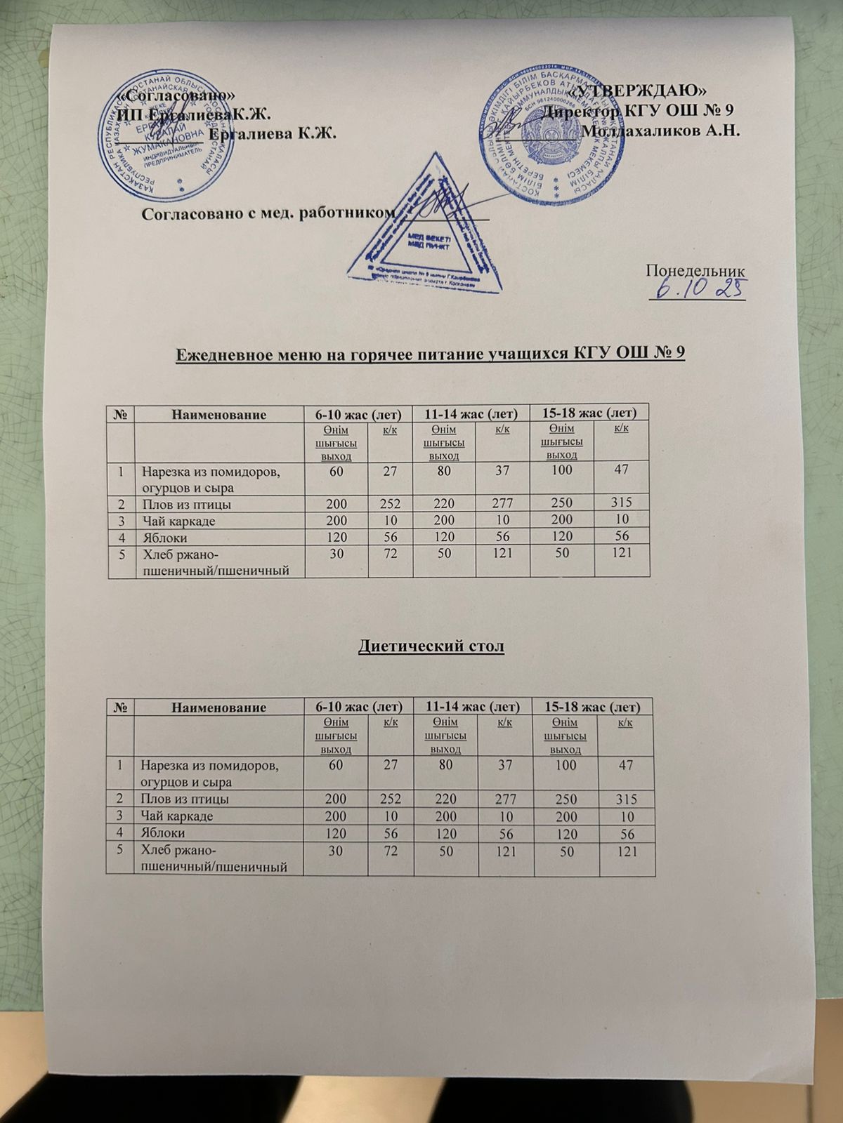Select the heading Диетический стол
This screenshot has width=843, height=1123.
[431, 646]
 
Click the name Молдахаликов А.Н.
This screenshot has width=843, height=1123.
[662, 131]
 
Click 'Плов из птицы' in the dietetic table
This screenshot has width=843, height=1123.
[185, 799]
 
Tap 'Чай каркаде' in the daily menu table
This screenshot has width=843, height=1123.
[178, 521]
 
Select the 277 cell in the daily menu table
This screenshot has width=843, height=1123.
[502, 503]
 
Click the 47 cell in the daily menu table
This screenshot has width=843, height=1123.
[621, 470]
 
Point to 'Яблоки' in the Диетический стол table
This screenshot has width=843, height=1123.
[164, 833]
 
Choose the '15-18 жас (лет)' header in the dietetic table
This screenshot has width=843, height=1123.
[594, 707]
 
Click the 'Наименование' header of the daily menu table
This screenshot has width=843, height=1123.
[219, 414]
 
